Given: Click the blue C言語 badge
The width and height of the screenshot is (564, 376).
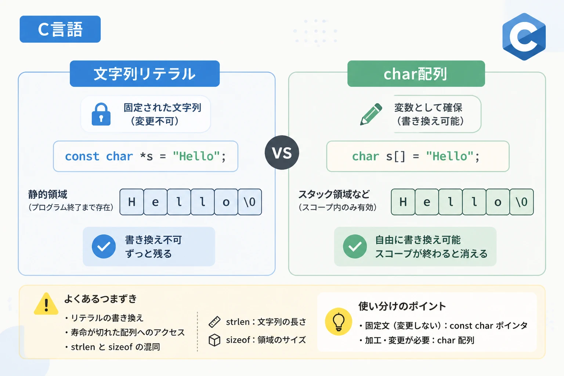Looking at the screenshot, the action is pos(60,29).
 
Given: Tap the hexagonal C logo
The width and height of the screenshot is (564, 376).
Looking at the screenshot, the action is pos(524,37).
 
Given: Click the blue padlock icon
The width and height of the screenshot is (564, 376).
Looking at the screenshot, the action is pos(101,114).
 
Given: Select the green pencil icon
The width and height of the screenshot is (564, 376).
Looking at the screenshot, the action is pos(371,114).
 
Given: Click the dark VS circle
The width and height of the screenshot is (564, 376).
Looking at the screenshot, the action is pos(282,153).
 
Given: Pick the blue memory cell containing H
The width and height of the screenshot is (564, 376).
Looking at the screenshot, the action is pos(132,202).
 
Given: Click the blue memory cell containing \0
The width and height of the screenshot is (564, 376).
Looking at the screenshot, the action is pos(250,202).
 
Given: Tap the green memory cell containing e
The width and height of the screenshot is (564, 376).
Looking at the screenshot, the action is pos(427,202).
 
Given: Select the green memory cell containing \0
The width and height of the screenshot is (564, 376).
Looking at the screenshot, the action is pos(521,202).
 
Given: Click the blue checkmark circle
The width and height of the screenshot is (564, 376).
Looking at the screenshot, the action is pos(104,246).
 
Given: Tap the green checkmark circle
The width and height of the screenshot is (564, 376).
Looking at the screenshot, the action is pos(355,246).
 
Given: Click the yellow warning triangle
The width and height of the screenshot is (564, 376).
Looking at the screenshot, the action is pos(46,304).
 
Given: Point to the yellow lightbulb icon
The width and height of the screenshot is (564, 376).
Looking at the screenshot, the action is pos(339,322).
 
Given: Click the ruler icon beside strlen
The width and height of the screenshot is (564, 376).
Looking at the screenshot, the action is pos(214,322).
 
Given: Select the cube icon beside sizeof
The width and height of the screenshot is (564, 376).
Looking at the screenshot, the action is pos(214,340).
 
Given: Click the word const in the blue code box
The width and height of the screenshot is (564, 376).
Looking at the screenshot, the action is pos(82,156).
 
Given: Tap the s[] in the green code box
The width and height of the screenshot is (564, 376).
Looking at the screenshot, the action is pos(396,157).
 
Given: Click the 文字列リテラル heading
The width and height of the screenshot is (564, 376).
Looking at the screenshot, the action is pos(145,74).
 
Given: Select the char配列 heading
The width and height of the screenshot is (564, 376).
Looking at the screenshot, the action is pos(416,74).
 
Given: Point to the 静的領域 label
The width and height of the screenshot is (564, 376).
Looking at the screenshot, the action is pos(48,194).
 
